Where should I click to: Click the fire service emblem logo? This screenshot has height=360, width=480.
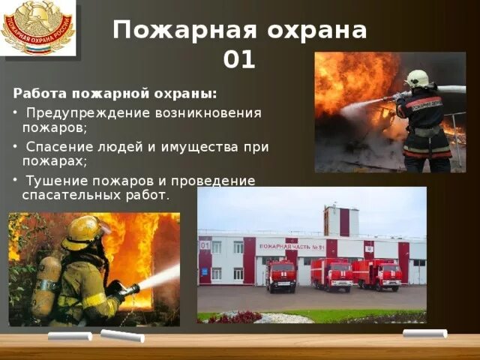point(38,28)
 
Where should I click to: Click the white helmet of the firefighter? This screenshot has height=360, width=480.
point(416,78)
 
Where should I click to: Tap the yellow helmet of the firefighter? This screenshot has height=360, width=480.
point(82,232)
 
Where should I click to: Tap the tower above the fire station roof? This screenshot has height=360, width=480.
point(341,220)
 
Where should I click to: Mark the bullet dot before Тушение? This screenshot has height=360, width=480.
point(16,181)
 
